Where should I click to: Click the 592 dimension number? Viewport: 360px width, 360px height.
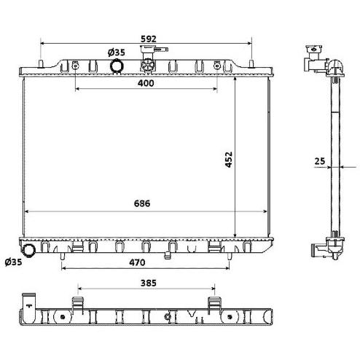tap(149, 39)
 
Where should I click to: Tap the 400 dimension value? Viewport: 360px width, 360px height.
tap(146, 83)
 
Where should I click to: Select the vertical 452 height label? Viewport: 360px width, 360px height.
tap(229, 160)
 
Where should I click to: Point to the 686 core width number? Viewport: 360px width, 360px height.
tap(142, 203)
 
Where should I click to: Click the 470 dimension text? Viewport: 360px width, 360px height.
tap(137, 262)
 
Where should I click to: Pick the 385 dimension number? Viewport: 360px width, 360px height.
tap(149, 283)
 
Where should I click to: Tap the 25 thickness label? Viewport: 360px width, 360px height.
tap(319, 161)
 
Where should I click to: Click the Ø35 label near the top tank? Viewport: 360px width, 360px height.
tap(117, 52)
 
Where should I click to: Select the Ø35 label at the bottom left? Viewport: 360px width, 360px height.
tap(13, 262)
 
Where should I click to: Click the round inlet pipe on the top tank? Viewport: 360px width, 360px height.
tap(117, 66)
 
